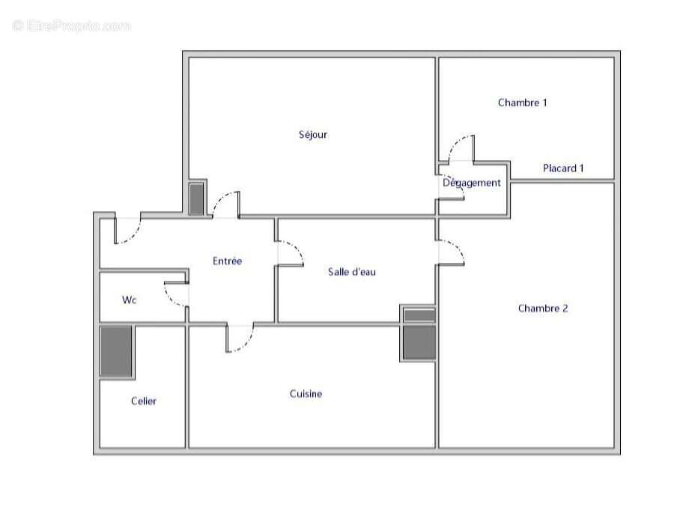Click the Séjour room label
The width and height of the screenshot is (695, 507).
(x=313, y=135)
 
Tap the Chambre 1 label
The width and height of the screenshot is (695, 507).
(x=522, y=103)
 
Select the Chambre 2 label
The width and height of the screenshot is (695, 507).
(x=543, y=308)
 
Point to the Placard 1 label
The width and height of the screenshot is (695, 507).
(x=563, y=169)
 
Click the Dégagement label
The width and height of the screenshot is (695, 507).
(x=472, y=183)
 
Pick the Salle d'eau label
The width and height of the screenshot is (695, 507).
(x=352, y=272)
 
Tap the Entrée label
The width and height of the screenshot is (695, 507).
(x=227, y=261)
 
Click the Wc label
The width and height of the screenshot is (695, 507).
(x=130, y=300)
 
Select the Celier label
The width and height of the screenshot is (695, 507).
(x=144, y=401)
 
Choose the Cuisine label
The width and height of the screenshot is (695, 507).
(x=306, y=394)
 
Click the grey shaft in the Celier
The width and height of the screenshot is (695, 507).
(x=117, y=351)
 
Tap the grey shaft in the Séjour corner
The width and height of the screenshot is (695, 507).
(x=196, y=198)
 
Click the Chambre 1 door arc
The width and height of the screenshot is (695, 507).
(x=461, y=148)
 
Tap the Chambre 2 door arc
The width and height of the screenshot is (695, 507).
(x=452, y=252)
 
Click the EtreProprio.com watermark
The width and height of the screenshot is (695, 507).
(x=72, y=26)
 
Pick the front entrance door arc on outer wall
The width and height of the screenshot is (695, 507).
(x=128, y=231)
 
